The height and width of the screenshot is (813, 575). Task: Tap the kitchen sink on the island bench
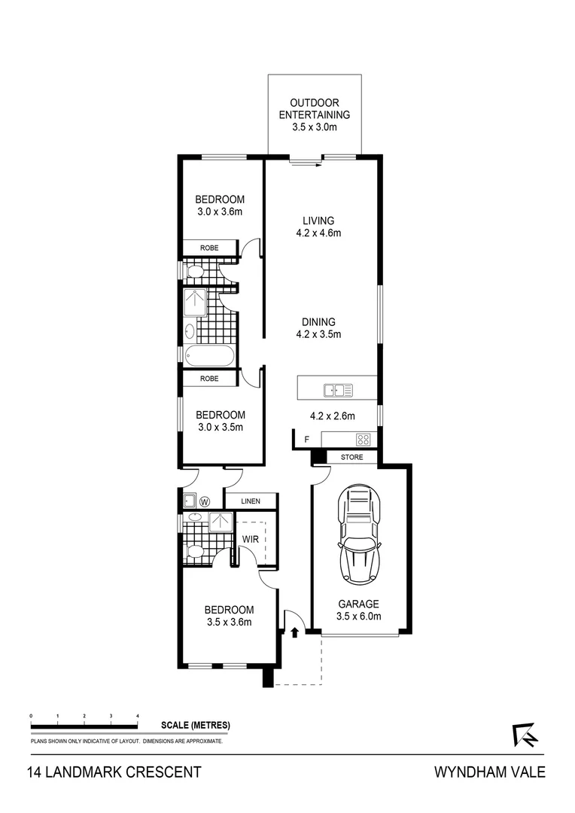[x=338, y=390]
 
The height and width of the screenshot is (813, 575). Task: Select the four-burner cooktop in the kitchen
[x=364, y=440]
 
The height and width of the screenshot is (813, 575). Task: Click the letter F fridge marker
[x=306, y=440]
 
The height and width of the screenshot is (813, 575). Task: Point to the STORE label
[x=351, y=457]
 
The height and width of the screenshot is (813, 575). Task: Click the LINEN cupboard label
[x=251, y=501]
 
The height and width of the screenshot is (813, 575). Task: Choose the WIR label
[x=250, y=539]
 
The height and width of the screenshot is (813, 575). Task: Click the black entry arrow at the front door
[x=294, y=632]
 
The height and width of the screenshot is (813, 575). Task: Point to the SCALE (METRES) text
[x=195, y=726]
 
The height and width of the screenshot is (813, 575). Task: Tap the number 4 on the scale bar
[x=138, y=716]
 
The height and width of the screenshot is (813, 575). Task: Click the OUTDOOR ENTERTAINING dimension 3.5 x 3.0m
[x=314, y=128]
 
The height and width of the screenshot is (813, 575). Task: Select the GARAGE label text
[x=357, y=604]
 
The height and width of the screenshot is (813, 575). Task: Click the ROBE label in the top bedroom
[x=209, y=248]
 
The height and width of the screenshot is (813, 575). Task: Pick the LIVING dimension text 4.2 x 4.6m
[x=318, y=233]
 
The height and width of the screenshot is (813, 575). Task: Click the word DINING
[x=318, y=321]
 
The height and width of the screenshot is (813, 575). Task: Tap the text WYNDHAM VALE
[x=489, y=772]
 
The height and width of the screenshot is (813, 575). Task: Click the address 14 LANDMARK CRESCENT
[x=114, y=772]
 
